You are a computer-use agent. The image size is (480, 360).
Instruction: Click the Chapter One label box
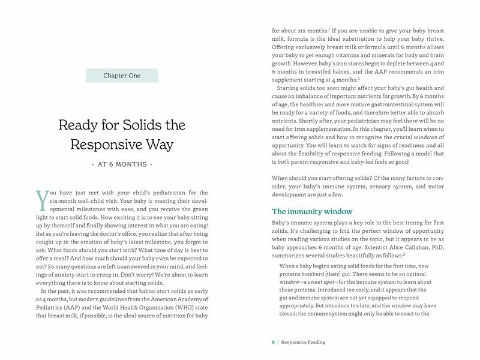(122, 76)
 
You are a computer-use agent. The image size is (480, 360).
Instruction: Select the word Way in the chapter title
(160, 145)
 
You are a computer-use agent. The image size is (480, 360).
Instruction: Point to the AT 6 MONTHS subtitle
(122, 164)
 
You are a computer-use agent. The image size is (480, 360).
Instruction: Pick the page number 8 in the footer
(273, 342)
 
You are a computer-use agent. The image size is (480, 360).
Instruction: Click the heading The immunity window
(312, 211)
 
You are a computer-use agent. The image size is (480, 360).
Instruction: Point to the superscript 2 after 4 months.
(359, 78)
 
